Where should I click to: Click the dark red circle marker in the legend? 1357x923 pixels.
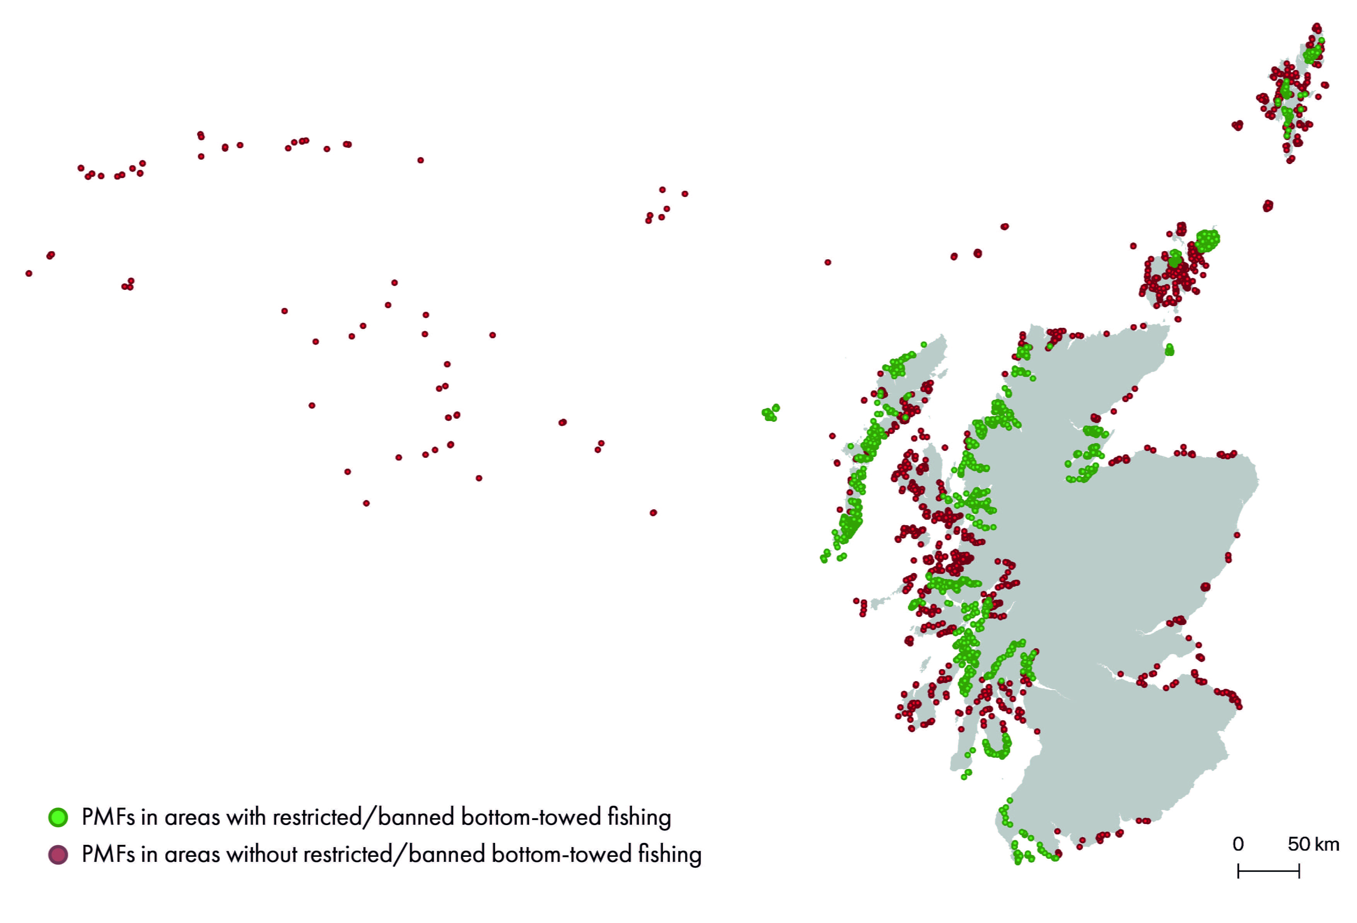(58, 855)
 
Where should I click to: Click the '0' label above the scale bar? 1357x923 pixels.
(1238, 844)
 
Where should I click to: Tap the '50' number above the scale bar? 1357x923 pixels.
(1299, 844)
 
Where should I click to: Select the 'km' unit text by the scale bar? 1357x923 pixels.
(1326, 844)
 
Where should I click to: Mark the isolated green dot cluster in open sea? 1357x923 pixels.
(770, 413)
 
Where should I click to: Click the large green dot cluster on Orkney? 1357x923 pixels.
(1206, 240)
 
